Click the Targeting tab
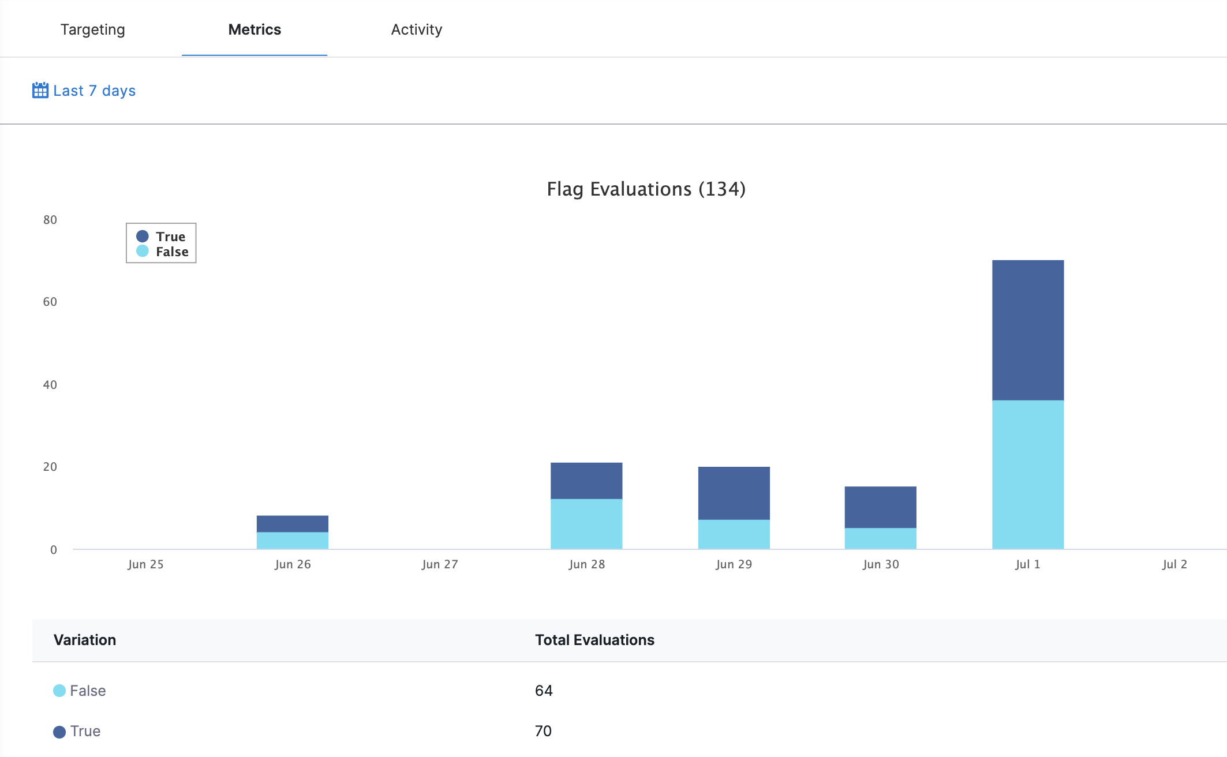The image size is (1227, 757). coord(92,29)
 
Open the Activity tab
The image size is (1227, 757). coord(416,29)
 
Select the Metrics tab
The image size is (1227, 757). coord(255,29)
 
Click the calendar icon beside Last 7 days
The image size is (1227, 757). coord(40,91)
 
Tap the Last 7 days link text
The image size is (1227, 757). coord(94,91)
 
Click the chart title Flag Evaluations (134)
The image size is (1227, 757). coord(646,189)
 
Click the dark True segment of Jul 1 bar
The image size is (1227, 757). coord(1027,330)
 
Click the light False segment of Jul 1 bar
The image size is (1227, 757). coord(1027,474)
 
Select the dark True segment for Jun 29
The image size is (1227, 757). coord(734,493)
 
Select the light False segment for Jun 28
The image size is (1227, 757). coord(586,523)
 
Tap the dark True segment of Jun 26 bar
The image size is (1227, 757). coord(292,523)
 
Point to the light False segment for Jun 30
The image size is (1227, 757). coord(880,538)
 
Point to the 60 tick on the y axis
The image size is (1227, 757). coord(50,302)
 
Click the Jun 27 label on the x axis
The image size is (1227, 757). coord(439,564)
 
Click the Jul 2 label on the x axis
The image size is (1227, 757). coord(1174,564)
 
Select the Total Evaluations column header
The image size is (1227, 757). coord(594,640)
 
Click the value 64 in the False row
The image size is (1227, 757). coord(543,691)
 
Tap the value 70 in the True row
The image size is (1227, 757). coord(543,731)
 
